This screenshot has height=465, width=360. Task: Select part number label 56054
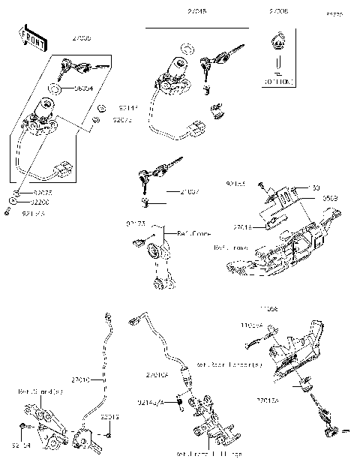[83, 88]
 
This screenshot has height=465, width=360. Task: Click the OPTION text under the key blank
[278, 79]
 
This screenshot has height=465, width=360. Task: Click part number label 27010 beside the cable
[79, 380]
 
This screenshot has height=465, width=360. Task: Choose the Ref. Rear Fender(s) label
[229, 365]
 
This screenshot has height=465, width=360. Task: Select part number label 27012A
[268, 401]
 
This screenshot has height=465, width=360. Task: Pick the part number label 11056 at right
[290, 309]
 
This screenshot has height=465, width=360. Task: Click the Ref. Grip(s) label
[35, 391]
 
